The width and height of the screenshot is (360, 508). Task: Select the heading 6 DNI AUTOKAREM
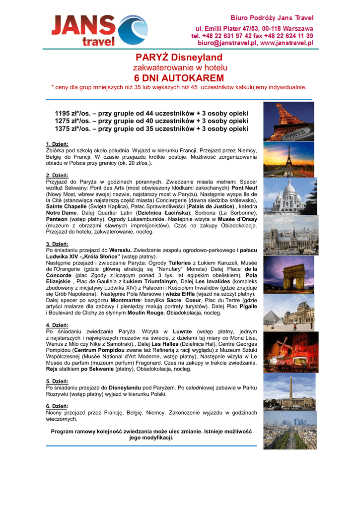tap(179, 78)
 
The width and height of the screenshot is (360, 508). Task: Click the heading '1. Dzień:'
tap(57, 144)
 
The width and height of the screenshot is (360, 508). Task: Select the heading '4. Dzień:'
tap(57, 325)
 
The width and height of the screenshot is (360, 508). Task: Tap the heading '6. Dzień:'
tap(57, 406)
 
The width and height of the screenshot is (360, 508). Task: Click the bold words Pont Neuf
tap(244, 189)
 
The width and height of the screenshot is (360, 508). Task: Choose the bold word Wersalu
tap(120, 251)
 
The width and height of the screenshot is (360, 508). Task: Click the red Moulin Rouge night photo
tap(288, 352)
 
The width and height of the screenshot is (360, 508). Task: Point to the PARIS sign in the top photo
tap(297, 134)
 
